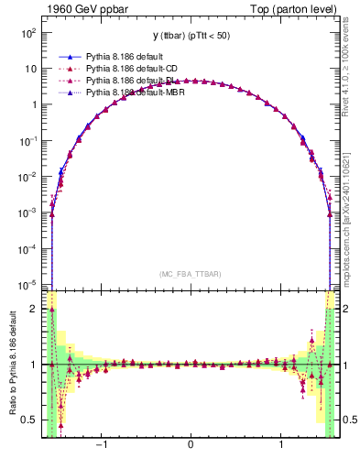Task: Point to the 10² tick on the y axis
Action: [27, 32]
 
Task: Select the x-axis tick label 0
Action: [190, 446]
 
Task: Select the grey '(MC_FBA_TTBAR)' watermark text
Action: [190, 274]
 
